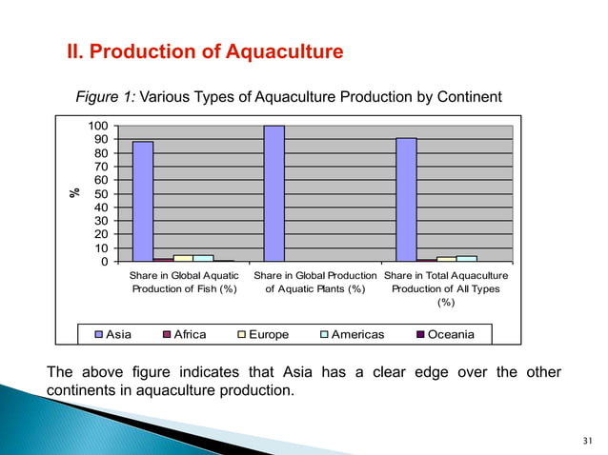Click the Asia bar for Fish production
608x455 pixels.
pyautogui.click(x=143, y=201)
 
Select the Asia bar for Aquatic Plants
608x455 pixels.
pyautogui.click(x=274, y=193)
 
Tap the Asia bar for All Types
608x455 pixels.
pyautogui.click(x=406, y=199)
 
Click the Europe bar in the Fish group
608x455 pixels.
pyautogui.click(x=183, y=258)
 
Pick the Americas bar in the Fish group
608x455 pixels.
pyautogui.click(x=203, y=258)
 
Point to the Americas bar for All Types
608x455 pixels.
pyautogui.click(x=467, y=258)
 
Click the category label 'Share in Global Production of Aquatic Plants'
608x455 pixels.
pyautogui.click(x=314, y=282)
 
